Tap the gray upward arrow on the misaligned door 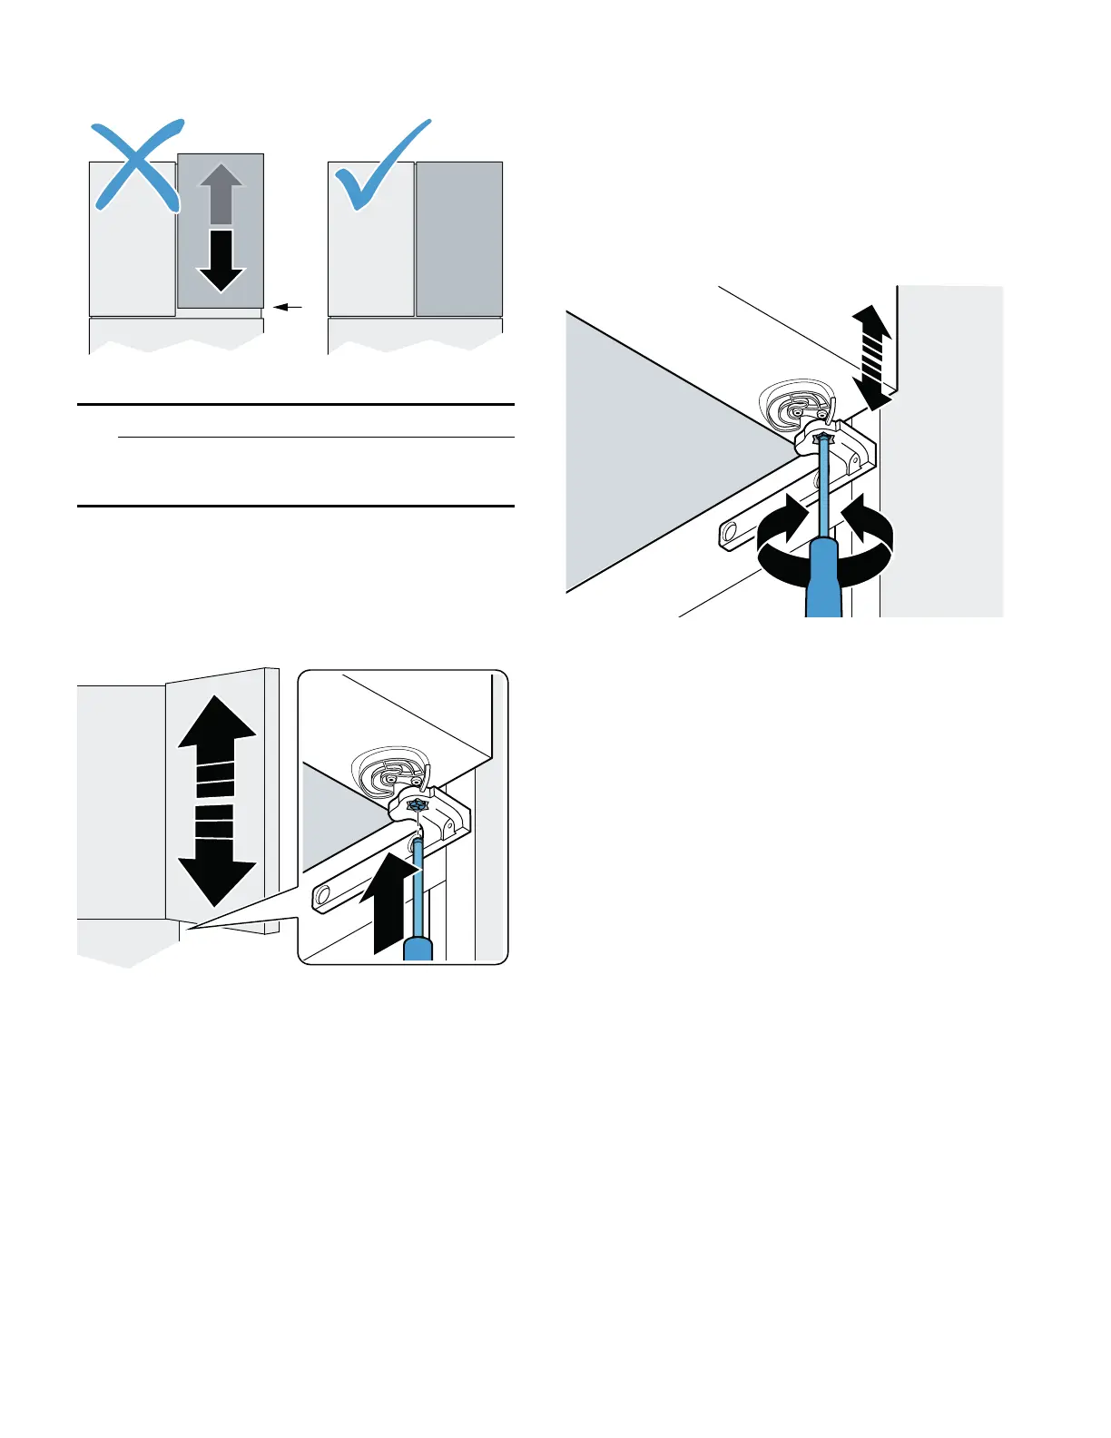pos(221,192)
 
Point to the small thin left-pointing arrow pos(288,308)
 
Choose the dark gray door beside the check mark pos(459,239)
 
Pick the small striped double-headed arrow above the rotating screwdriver pos(872,357)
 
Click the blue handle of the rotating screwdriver pos(824,581)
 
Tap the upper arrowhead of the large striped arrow pos(216,726)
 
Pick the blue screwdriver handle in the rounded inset pos(418,949)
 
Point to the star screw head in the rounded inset pos(418,804)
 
